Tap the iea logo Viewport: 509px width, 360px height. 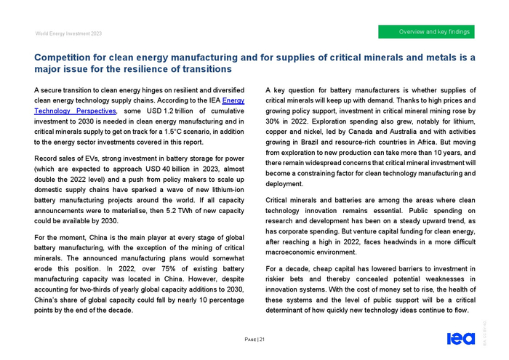[461, 337]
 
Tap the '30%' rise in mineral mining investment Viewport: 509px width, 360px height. [275, 121]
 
